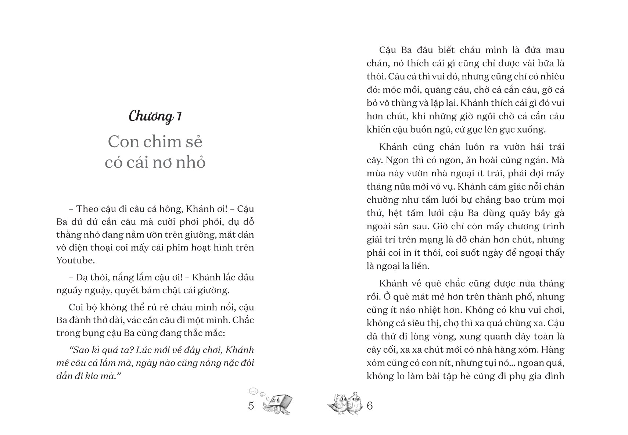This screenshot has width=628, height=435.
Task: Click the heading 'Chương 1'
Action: click(155, 116)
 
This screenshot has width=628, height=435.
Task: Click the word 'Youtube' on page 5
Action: click(74, 260)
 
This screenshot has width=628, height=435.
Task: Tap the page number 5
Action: click(251, 406)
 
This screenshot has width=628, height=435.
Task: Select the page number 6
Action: click(370, 406)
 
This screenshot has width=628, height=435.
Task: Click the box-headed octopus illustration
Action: click(278, 404)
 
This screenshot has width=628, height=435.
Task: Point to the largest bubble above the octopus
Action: click(254, 391)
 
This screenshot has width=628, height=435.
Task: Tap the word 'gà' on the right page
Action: click(559, 213)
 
